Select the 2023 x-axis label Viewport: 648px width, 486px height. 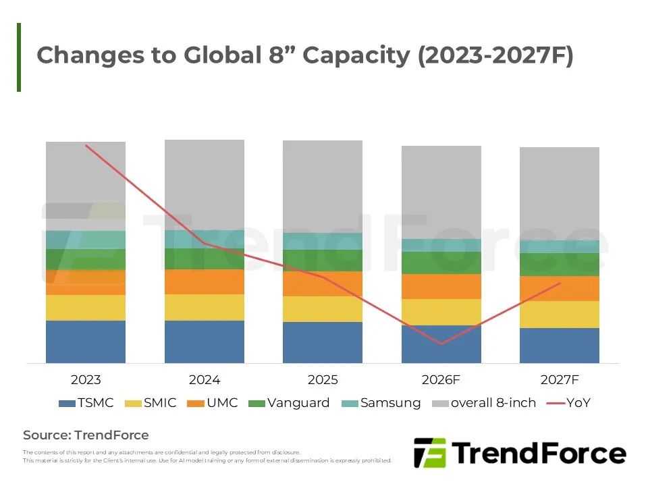(86, 380)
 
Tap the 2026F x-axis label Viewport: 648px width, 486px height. (441, 380)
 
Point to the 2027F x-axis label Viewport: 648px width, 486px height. (560, 380)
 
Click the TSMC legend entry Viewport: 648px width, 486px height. (86, 403)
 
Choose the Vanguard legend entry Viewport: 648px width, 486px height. (289, 403)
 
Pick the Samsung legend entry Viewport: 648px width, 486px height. (381, 403)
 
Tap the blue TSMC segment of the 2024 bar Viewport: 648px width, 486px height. (205, 342)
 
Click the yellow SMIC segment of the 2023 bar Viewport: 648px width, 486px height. (86, 307)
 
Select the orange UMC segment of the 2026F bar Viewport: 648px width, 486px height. (441, 286)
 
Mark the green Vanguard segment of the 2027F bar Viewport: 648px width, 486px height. (560, 265)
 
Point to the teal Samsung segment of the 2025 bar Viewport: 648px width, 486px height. (323, 241)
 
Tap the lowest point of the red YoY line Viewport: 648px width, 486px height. (441, 344)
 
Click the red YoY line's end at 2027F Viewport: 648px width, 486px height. (560, 283)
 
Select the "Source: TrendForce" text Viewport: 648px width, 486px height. (86, 435)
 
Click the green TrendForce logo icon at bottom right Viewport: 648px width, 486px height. (429, 453)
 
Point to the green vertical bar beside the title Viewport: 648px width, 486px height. (19, 57)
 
